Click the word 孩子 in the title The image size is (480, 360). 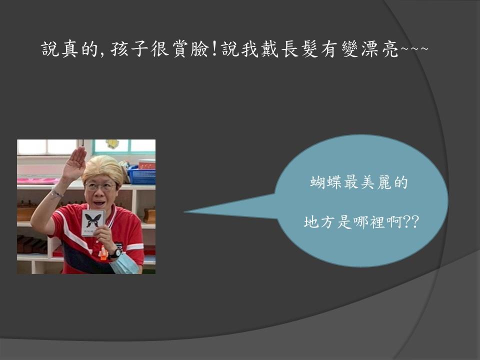click(x=130, y=49)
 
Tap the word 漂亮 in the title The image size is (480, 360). click(x=380, y=49)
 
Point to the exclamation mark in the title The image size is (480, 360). click(x=215, y=49)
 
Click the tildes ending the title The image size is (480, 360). click(x=414, y=48)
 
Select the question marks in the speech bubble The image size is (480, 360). click(x=411, y=222)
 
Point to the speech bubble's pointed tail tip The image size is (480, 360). click(x=184, y=211)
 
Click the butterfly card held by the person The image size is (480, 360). click(x=93, y=222)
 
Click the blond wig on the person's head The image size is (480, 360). click(x=103, y=170)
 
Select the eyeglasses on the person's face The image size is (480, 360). click(x=100, y=186)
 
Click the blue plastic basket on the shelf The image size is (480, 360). click(x=141, y=175)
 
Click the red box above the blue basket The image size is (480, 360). click(x=147, y=164)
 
